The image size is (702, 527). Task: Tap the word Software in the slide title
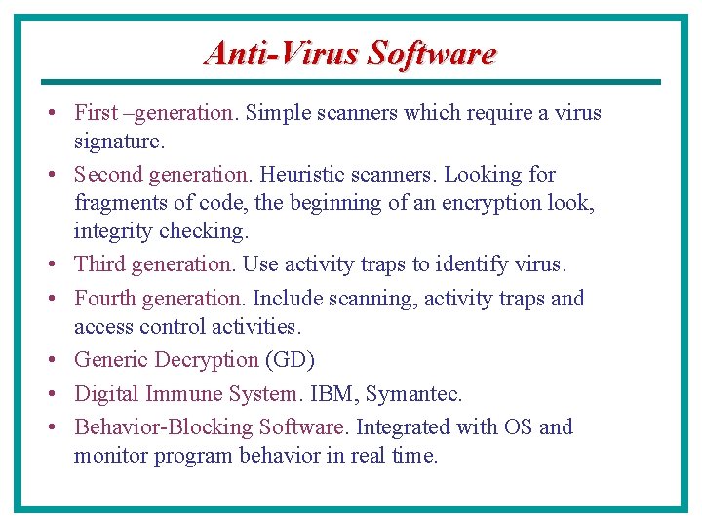point(432,53)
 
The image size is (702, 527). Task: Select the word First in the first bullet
point(96,113)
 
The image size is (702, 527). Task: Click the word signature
point(117,142)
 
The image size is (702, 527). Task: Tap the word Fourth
point(104,298)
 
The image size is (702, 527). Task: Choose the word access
point(103,326)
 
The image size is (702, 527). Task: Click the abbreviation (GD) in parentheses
point(290,360)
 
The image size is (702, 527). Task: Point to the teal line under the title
point(351,82)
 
